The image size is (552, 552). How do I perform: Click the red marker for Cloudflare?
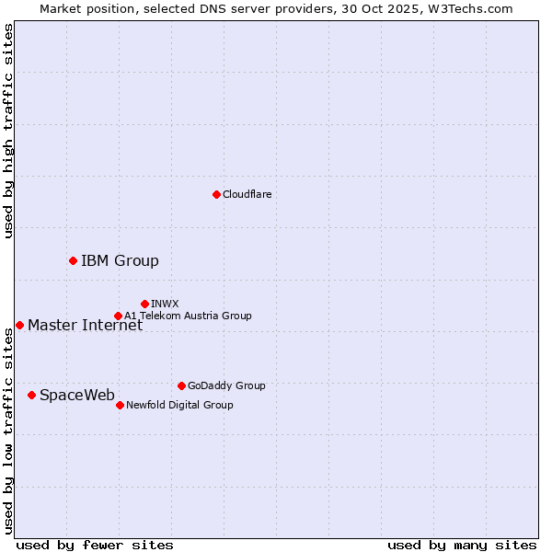point(216,194)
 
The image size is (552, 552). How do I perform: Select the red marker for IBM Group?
point(73,260)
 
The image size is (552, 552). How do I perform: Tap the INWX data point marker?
point(144,304)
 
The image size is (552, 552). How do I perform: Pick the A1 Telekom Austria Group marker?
point(118,316)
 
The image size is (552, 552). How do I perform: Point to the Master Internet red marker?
point(19,325)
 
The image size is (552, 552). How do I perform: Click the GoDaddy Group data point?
point(181,385)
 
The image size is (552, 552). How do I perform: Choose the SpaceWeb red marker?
point(31,395)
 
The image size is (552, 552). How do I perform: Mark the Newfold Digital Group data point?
point(120,405)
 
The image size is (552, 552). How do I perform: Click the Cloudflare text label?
point(247,194)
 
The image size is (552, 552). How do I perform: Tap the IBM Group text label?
point(120,260)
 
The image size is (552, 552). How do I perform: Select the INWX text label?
point(165,304)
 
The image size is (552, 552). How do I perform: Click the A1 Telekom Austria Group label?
point(188,316)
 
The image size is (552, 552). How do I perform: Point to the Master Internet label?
point(85,325)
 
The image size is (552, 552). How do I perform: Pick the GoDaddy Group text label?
point(225,385)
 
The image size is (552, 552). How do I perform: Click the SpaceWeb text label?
point(77,395)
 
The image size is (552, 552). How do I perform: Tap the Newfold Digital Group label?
point(179,405)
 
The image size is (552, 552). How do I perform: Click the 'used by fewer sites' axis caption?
point(95,545)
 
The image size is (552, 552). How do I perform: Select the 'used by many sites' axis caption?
point(462,545)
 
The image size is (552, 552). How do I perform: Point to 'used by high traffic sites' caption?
point(8,131)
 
